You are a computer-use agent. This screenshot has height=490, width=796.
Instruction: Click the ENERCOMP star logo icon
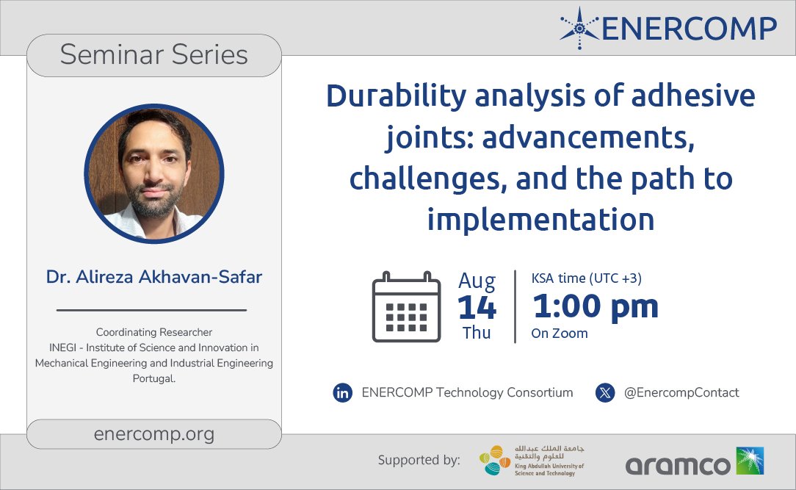579,29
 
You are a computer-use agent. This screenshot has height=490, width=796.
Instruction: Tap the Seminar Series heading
154,55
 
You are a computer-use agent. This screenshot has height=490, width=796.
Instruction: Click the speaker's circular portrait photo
154,174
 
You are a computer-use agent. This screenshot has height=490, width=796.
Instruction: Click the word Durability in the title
389,97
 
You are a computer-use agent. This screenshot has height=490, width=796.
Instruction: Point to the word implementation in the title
540,219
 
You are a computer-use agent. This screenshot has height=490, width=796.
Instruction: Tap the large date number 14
477,307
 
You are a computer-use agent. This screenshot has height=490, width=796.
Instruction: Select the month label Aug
477,281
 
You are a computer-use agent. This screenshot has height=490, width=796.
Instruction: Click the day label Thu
477,333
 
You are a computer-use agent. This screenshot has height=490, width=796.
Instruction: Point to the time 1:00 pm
595,306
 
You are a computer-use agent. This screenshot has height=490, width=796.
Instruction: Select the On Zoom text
560,334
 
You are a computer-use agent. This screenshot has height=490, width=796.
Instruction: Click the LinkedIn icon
342,393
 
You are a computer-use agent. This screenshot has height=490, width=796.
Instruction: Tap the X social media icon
604,393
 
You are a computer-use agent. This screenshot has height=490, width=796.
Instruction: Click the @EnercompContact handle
681,393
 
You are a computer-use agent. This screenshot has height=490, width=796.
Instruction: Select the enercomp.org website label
154,433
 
